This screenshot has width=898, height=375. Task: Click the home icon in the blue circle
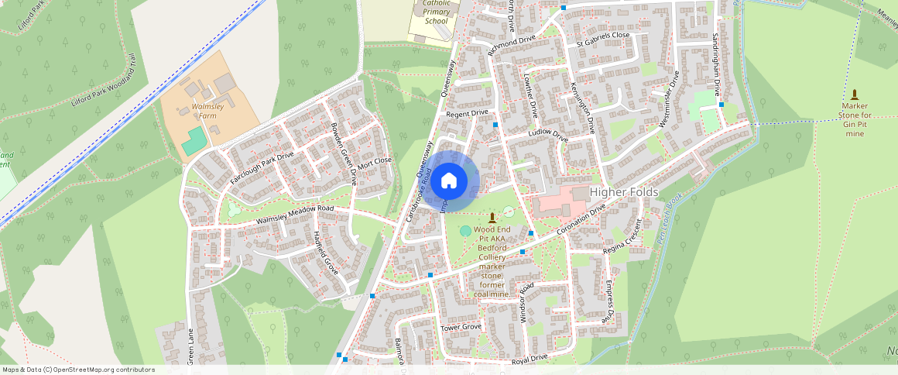pos(449,181)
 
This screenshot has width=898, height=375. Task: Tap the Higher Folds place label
pos(624,192)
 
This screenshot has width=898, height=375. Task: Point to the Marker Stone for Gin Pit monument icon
pos(854,94)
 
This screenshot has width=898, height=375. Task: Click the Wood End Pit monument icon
pos(492,218)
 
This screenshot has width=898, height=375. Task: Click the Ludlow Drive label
pos(548,136)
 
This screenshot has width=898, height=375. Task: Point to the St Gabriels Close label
pos(603,41)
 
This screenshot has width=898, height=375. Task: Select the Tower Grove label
pos(461,327)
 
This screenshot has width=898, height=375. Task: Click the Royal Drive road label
pos(530,358)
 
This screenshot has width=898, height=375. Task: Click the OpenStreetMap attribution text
pos(78,370)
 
